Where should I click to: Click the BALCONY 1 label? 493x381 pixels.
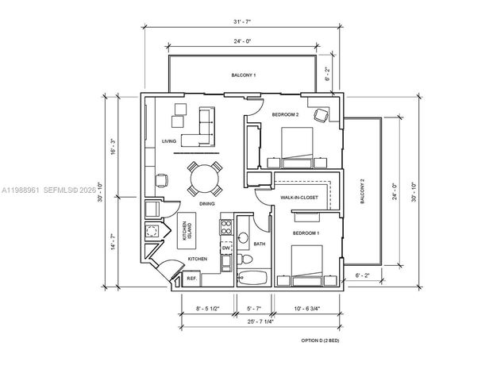click(243, 75)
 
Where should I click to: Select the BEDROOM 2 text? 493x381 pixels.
click(285, 115)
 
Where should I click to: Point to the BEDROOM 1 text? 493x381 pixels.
click(306, 233)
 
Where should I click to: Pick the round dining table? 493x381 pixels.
click(206, 179)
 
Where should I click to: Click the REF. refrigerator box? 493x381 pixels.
click(191, 278)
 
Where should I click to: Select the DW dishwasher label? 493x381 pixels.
click(225, 248)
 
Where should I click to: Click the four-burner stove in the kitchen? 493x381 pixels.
click(225, 228)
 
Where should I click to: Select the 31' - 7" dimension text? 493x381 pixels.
click(245, 23)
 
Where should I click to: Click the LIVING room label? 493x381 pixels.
click(168, 141)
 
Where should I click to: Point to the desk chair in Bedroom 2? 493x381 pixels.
click(322, 114)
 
